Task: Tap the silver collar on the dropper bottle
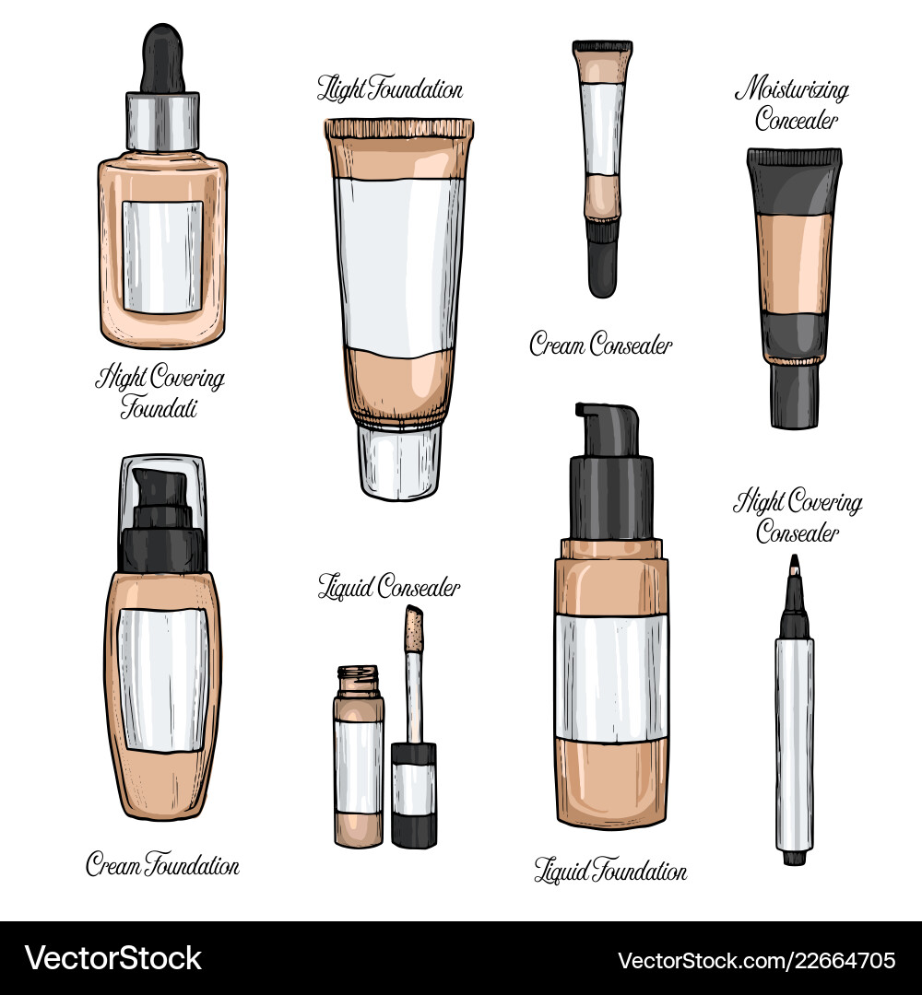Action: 162,122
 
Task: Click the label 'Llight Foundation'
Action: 390,88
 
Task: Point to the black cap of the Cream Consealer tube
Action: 602,258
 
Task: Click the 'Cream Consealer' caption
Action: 601,344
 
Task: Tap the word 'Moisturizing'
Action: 792,88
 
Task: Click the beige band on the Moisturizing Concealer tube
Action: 794,263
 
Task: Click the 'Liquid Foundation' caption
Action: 610,871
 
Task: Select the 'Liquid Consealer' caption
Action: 389,586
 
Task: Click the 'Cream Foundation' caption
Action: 162,864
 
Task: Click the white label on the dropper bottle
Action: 162,257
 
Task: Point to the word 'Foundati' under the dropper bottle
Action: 159,407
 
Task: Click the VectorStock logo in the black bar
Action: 113,958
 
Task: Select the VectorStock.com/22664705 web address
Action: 757,960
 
